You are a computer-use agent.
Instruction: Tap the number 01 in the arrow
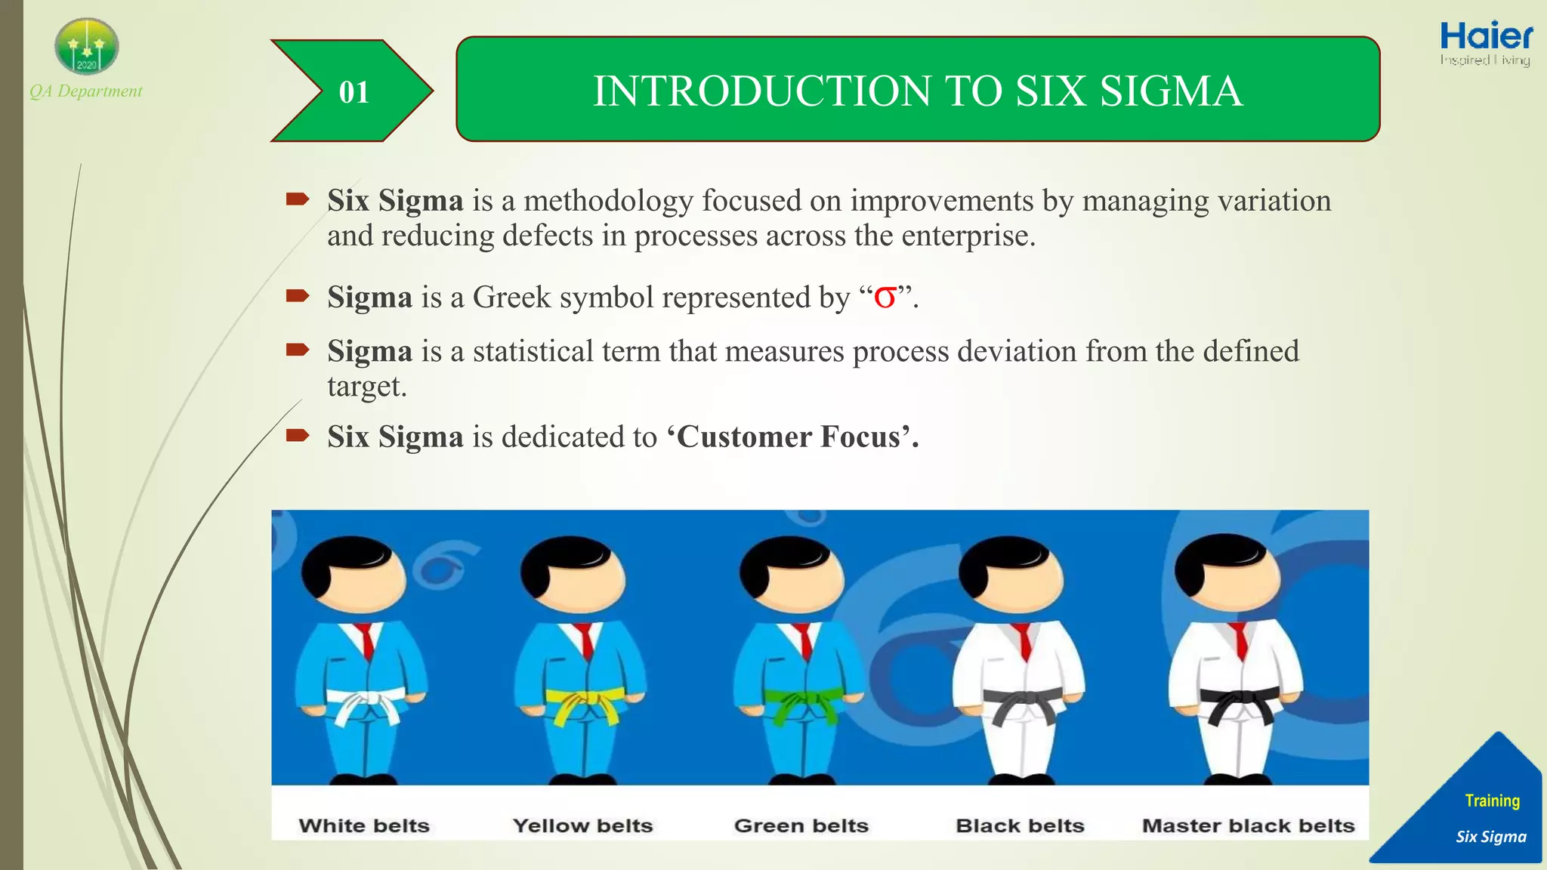click(x=354, y=92)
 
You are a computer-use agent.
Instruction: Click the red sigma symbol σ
click(x=885, y=297)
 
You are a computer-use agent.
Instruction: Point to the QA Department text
click(x=85, y=91)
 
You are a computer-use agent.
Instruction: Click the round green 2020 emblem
click(x=87, y=47)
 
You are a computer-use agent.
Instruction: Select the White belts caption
click(x=364, y=825)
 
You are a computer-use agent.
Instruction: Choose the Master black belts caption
click(x=1248, y=825)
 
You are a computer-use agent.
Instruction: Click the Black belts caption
click(x=1020, y=825)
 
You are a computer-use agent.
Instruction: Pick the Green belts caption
click(x=801, y=825)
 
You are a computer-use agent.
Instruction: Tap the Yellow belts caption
click(x=582, y=825)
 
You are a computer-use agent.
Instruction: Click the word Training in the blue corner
click(x=1492, y=801)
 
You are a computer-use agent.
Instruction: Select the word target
click(x=366, y=387)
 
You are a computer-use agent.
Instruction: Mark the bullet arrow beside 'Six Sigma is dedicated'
click(x=298, y=435)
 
